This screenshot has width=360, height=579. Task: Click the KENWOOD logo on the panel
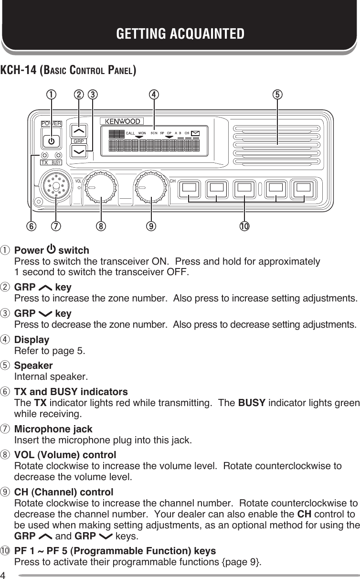coord(120,122)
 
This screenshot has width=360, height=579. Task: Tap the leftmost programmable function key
coord(190,187)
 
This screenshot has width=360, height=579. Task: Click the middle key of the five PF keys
coord(246,187)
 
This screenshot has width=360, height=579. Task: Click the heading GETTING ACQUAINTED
coord(180,34)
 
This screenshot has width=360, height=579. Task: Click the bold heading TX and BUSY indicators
coord(71,392)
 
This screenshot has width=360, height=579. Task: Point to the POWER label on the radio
coord(51,123)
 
